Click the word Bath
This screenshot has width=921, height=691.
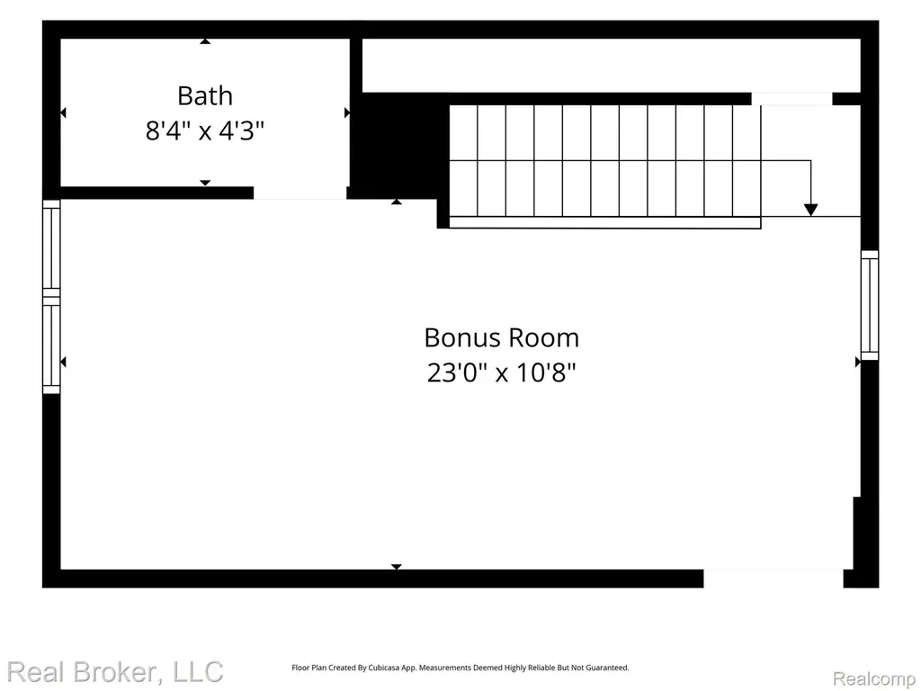tap(205, 95)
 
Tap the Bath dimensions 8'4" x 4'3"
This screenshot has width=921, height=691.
tap(205, 130)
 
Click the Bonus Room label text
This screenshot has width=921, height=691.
tap(502, 338)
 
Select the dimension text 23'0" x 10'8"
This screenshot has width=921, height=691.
tap(502, 372)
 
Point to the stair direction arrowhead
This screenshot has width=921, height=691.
tap(810, 210)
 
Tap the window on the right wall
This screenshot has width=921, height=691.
tap(870, 305)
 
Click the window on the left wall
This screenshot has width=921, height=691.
tap(51, 297)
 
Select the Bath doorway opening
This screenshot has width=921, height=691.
tap(300, 193)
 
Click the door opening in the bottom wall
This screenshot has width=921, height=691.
tap(773, 579)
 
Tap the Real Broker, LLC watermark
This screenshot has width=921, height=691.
tap(115, 671)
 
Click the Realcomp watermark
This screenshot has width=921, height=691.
tap(874, 678)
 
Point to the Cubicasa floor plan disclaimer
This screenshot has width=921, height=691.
tap(460, 668)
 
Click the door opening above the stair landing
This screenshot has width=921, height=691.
tap(791, 99)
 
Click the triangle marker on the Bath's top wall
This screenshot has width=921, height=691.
tap(205, 41)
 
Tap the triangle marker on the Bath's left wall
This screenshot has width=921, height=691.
tap(64, 112)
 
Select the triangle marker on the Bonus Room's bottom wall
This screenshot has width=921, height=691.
tap(397, 567)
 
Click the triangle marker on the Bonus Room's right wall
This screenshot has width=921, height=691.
tap(857, 362)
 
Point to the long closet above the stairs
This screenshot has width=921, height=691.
tap(612, 65)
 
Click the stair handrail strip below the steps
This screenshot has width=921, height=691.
tap(605, 223)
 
